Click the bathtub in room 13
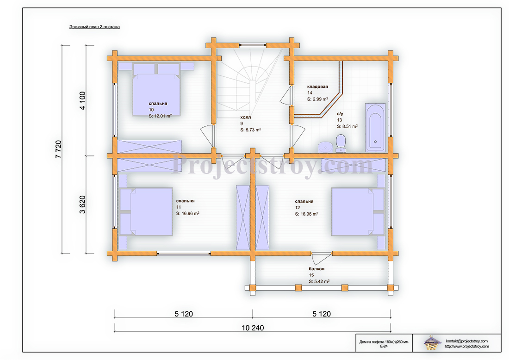(376, 128)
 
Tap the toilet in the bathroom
(341, 143)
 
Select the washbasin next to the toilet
(325, 147)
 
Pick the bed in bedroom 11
(146, 211)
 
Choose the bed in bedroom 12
(358, 211)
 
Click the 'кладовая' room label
(317, 87)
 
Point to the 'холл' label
(245, 117)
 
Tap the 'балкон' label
(317, 269)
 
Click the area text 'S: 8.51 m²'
(348, 126)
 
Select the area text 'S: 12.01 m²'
(160, 116)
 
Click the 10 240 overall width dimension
(253, 328)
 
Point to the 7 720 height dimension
(58, 149)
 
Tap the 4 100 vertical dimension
(82, 100)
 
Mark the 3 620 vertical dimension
(82, 205)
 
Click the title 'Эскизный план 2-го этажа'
(94, 27)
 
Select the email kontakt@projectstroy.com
(466, 341)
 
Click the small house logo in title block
(432, 343)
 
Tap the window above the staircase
(253, 45)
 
